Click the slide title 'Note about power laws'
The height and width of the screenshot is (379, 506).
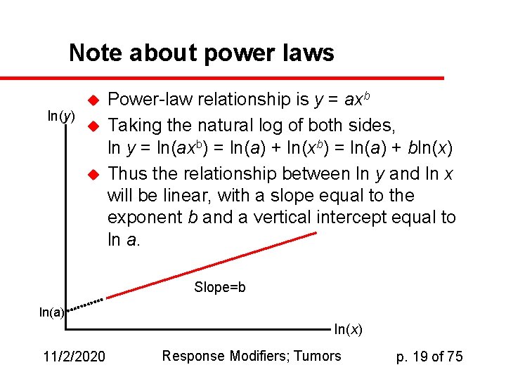pyautogui.click(x=201, y=53)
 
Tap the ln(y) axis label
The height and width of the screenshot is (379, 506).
pyautogui.click(x=61, y=116)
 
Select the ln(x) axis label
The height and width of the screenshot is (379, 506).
pyautogui.click(x=348, y=329)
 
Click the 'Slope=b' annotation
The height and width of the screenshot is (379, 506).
pyautogui.click(x=219, y=287)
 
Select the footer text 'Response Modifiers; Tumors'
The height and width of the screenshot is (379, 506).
pyautogui.click(x=252, y=356)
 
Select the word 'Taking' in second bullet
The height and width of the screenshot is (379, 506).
pyautogui.click(x=133, y=126)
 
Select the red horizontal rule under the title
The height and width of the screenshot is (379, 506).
pyautogui.click(x=222, y=77)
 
